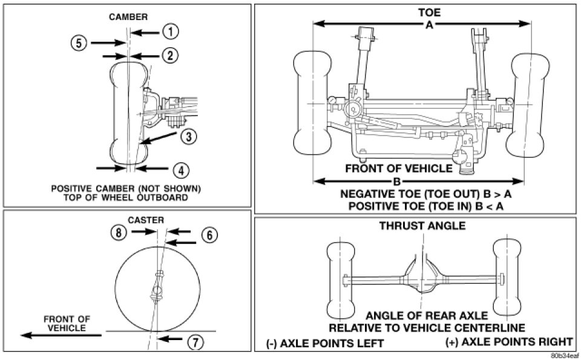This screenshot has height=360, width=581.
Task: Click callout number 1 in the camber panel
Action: pyautogui.click(x=171, y=32)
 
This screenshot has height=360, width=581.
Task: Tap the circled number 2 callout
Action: pyautogui.click(x=169, y=56)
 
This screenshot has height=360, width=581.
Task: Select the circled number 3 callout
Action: pyautogui.click(x=189, y=136)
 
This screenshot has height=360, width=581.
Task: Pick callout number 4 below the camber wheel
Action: pyautogui.click(x=181, y=171)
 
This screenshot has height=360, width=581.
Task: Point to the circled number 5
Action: pyautogui.click(x=79, y=43)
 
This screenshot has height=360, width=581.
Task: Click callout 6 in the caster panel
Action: pyautogui.click(x=209, y=235)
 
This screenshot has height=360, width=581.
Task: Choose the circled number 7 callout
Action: pyautogui.click(x=195, y=342)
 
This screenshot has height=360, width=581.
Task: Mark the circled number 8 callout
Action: pyautogui.click(x=119, y=232)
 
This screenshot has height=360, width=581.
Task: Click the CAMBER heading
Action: pyautogui.click(x=128, y=17)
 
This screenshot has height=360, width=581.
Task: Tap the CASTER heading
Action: pyautogui.click(x=146, y=220)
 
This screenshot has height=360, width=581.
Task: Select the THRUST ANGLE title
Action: pyautogui.click(x=422, y=226)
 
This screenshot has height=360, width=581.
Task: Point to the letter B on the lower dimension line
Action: pyautogui.click(x=397, y=182)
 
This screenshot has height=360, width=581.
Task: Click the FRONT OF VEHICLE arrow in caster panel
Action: pyautogui.click(x=61, y=335)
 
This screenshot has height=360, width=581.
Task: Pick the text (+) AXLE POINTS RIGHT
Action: pyautogui.click(x=509, y=341)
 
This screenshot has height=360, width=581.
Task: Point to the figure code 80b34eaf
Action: pyautogui.click(x=565, y=356)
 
